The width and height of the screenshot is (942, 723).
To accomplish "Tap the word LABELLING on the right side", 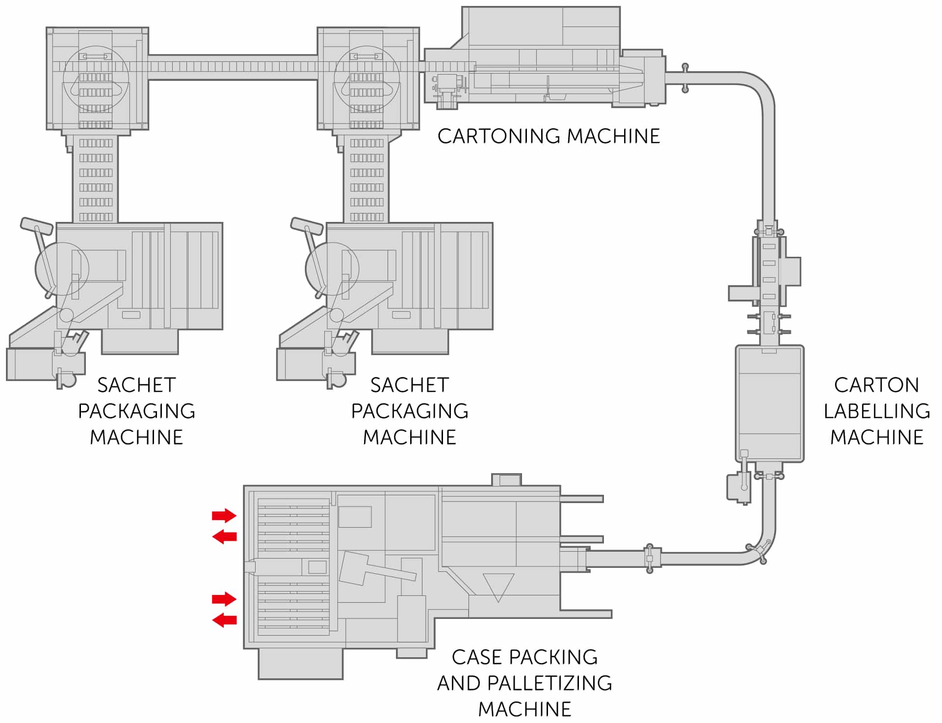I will click(x=876, y=411).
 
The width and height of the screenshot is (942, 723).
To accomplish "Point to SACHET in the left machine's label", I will click(x=136, y=385).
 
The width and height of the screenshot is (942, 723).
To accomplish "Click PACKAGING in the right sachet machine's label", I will click(x=410, y=411).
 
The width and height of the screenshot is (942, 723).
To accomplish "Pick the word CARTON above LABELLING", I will click(x=876, y=385).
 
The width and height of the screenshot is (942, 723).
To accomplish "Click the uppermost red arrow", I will click(x=224, y=515).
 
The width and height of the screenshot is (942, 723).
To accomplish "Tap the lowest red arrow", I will click(x=224, y=620).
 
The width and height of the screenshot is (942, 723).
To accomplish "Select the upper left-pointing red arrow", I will click(x=224, y=536).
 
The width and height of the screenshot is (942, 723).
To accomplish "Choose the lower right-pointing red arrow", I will click(x=224, y=599).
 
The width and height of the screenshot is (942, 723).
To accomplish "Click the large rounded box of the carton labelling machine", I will click(x=769, y=403).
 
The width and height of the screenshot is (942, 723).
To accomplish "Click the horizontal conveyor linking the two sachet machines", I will click(x=233, y=67).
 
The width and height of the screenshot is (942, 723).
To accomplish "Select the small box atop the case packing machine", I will click(x=506, y=480).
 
